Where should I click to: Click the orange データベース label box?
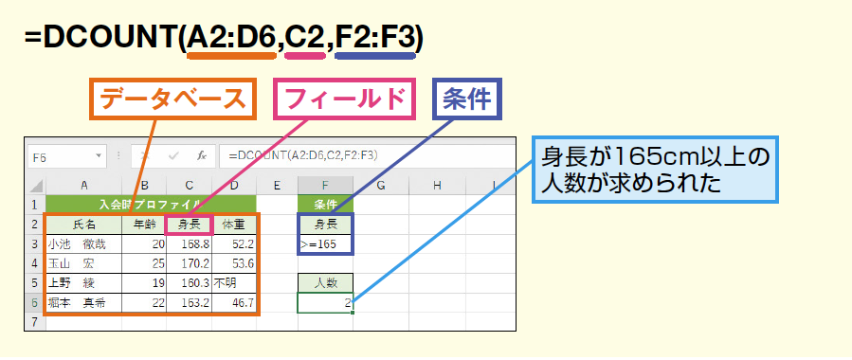(x=172, y=99)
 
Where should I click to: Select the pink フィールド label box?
(x=345, y=99)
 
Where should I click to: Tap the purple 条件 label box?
(x=467, y=99)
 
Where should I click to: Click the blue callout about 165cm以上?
(x=655, y=170)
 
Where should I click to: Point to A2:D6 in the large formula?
(x=231, y=38)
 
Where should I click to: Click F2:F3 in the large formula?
(x=375, y=38)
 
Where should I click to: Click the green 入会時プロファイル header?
(x=151, y=205)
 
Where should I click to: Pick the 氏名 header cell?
(x=83, y=225)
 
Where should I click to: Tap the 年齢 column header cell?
(x=144, y=225)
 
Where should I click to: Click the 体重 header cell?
(x=234, y=225)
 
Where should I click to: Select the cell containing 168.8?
(x=190, y=244)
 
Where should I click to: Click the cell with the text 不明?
(x=234, y=283)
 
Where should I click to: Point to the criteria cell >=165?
(x=325, y=244)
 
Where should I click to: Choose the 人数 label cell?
(x=325, y=283)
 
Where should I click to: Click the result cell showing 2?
(x=325, y=303)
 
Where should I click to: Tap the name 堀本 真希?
(x=77, y=303)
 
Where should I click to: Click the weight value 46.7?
(x=243, y=303)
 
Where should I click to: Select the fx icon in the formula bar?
(x=202, y=156)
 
